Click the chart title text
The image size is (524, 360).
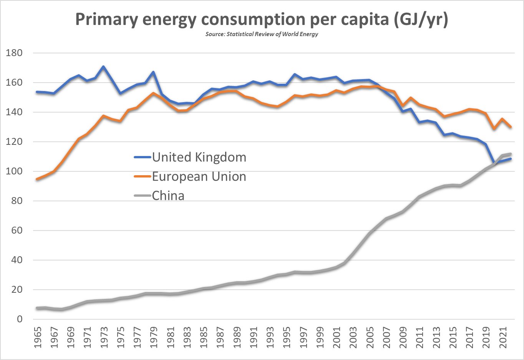tap(262, 19)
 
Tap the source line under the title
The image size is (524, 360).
tap(262, 34)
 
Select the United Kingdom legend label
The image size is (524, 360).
tap(199, 157)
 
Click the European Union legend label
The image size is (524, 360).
tap(199, 176)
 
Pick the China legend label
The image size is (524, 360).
tap(168, 196)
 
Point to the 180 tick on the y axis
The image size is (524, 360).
tap(14, 53)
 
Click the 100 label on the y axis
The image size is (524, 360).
tap(14, 171)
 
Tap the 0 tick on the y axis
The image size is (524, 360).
tap(20, 319)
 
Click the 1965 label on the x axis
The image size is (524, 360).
tap(38, 338)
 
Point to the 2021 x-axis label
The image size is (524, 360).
tap(503, 338)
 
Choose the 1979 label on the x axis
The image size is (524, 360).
tap(154, 338)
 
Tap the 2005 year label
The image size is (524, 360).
tap(370, 338)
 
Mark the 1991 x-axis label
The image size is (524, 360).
tap(254, 338)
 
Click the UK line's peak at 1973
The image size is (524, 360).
tap(103, 66)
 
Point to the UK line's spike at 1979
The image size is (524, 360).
tap(153, 72)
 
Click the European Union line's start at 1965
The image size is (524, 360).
tap(37, 179)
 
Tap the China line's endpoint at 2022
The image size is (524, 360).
tap(511, 154)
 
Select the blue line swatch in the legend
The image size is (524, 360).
tap(142, 157)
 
